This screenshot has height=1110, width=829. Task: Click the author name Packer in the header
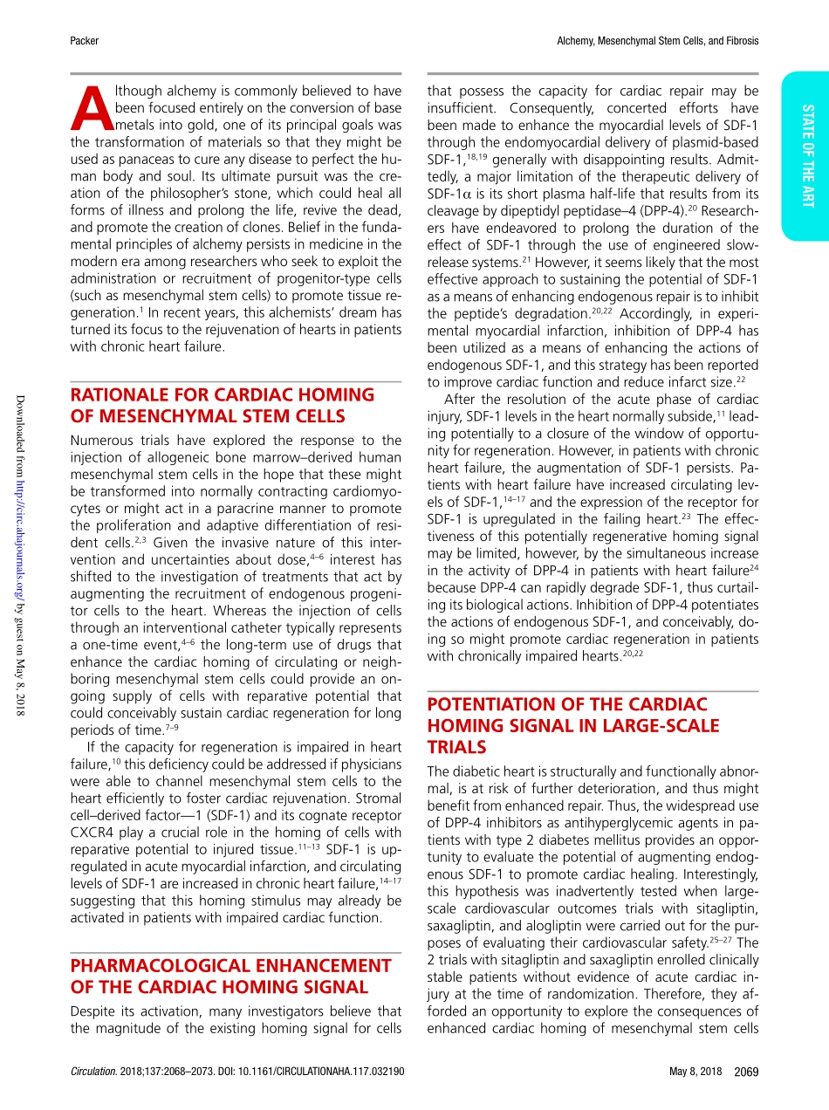[84, 41]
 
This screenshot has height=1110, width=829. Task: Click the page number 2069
[746, 1072]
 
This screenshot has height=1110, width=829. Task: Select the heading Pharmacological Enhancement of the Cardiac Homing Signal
[230, 976]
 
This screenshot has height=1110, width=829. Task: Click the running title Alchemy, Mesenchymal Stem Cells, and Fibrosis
[657, 41]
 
